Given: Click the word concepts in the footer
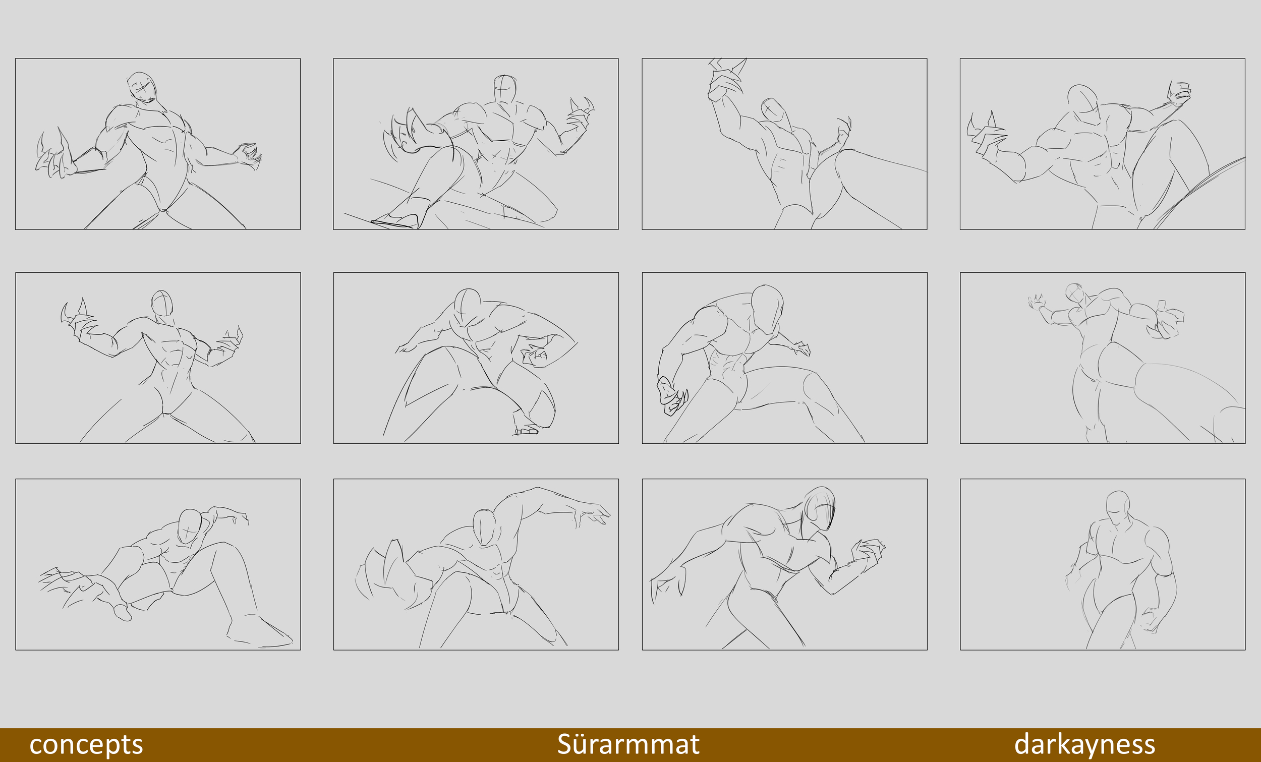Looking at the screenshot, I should [x=86, y=744].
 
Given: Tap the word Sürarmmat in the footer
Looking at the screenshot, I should [x=628, y=744].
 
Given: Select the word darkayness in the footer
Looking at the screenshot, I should [x=1084, y=744].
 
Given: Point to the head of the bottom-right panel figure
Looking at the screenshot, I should [x=1118, y=507].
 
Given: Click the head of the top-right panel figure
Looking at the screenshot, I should [x=1083, y=100].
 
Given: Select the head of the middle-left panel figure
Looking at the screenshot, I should [x=162, y=303].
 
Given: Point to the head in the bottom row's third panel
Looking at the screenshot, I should [x=820, y=508].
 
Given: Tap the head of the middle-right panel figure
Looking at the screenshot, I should [x=1075, y=292].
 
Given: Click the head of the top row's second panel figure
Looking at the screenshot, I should [x=504, y=90].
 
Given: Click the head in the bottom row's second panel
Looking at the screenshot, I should [x=484, y=527].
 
